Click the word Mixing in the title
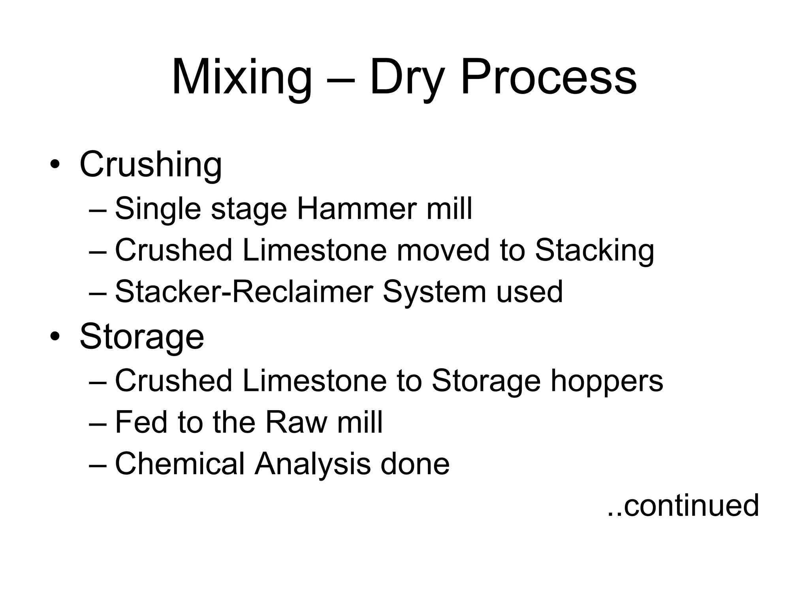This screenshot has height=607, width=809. point(242,77)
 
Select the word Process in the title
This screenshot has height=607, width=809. point(548,77)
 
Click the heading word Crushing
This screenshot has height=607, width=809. point(151,164)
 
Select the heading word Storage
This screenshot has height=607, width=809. point(142,337)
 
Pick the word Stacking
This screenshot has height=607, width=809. point(595,251)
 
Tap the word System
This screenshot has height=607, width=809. point(434,292)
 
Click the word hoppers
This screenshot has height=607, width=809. point(607,381)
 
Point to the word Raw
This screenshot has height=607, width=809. point(296,422)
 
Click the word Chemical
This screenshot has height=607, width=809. point(180,464)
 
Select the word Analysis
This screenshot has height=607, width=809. point(312,464)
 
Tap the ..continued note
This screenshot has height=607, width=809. point(683,505)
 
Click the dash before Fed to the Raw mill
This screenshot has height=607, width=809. point(98,423)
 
